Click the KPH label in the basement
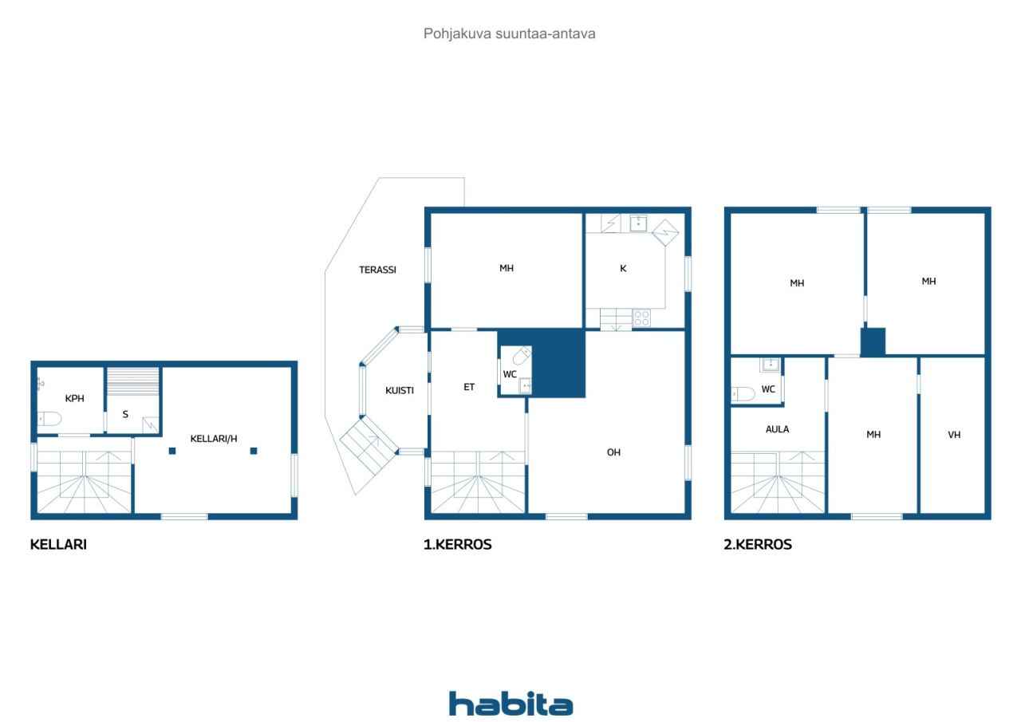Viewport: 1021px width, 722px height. (x=74, y=398)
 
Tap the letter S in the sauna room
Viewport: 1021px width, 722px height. (x=125, y=414)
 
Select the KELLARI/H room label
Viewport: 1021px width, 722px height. (x=213, y=439)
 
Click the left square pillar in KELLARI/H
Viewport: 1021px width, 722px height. (x=172, y=451)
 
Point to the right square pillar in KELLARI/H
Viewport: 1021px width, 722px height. (x=254, y=451)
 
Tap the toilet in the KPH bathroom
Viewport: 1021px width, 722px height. (x=49, y=418)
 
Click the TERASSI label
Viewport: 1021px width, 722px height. (x=377, y=270)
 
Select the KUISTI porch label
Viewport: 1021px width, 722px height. (x=400, y=391)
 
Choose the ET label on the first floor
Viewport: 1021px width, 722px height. (x=469, y=387)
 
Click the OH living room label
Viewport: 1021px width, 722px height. (x=613, y=452)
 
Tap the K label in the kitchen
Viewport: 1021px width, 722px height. (x=623, y=269)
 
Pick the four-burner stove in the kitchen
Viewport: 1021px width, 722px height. (x=642, y=318)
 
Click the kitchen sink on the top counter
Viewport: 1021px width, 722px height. (x=638, y=223)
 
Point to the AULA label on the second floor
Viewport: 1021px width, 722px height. (x=777, y=429)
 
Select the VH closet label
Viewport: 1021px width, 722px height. (x=954, y=435)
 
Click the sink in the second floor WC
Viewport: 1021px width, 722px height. (x=770, y=365)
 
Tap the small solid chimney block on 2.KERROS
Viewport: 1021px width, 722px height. (x=873, y=341)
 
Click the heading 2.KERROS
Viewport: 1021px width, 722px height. (x=758, y=545)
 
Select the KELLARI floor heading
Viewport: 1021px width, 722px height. (x=58, y=545)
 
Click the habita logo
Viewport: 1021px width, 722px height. (x=510, y=704)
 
